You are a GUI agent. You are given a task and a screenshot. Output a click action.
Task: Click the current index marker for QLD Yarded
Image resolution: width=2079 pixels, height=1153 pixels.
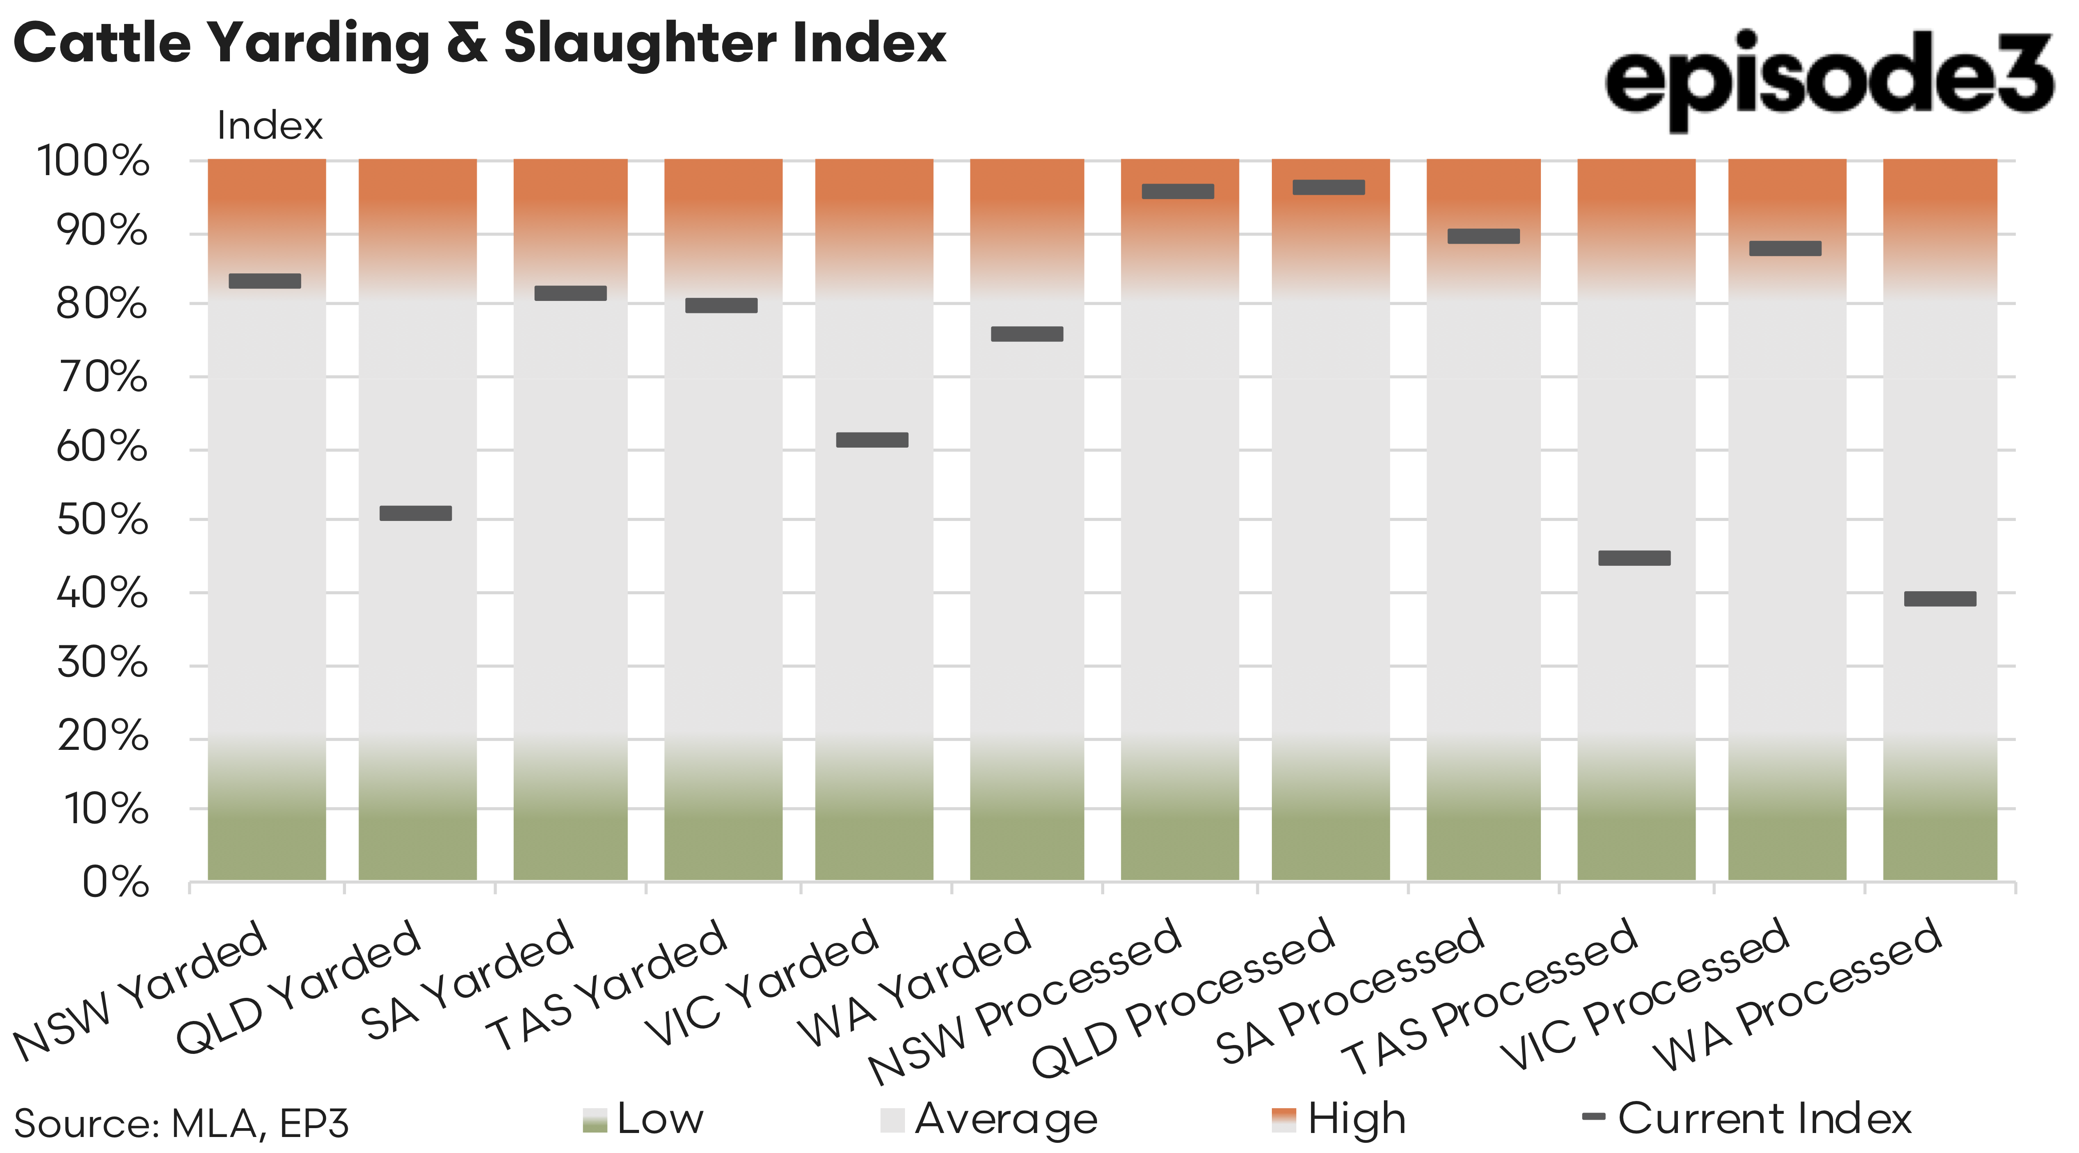[x=416, y=513]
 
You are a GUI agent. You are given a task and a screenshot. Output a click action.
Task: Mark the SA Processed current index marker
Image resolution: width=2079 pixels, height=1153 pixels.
[x=1484, y=236]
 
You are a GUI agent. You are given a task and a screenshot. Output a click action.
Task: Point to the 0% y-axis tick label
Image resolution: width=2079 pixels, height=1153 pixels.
[x=116, y=882]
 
